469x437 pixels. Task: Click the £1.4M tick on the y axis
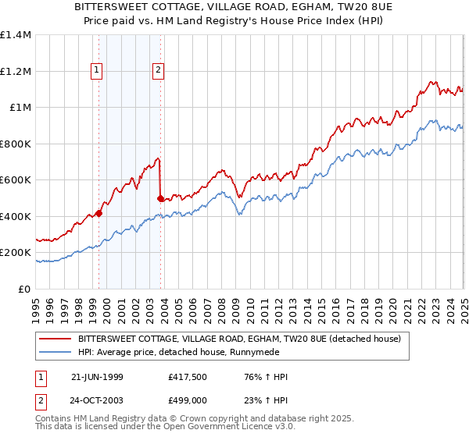pos(16,35)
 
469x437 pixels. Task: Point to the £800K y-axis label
pos(16,144)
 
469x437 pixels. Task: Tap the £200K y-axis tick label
pos(16,253)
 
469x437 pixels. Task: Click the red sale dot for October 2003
pos(161,198)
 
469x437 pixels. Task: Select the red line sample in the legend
pos(55,339)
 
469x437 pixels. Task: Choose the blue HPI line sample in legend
pos(55,353)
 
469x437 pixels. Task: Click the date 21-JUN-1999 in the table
pos(97,377)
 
